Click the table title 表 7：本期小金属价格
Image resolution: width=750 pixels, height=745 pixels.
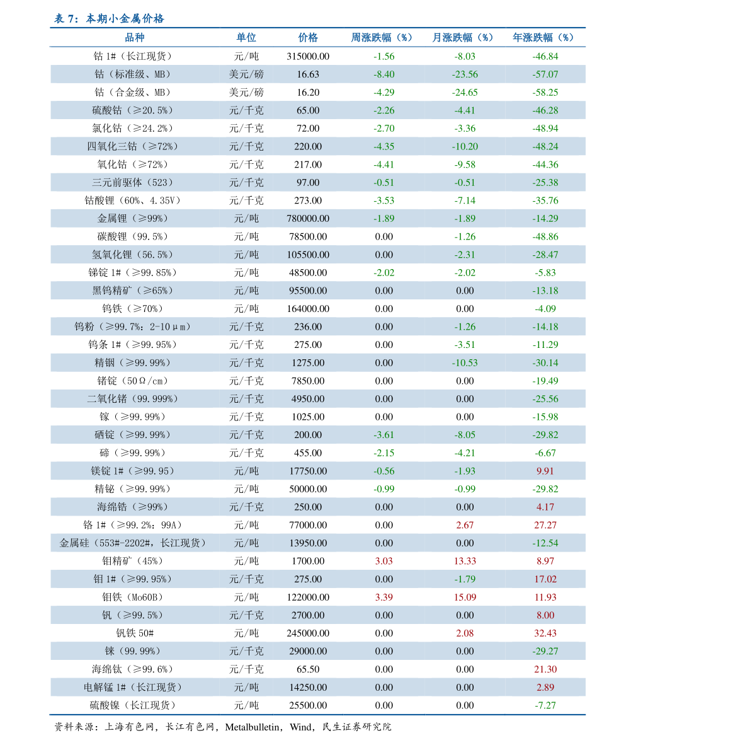[109, 19]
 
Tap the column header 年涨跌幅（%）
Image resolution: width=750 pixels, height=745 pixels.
[545, 38]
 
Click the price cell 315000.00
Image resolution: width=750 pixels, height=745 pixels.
[308, 56]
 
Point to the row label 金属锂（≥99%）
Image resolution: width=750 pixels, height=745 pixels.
[133, 219]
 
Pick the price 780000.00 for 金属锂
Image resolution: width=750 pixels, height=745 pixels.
[308, 219]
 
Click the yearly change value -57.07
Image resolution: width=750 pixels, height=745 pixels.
[545, 74]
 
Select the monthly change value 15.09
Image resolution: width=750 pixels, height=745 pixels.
[465, 598]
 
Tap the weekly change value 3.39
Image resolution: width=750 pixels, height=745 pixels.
[384, 598]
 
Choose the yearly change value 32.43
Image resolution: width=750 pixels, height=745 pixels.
[545, 633]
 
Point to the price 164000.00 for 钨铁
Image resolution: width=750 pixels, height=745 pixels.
[308, 309]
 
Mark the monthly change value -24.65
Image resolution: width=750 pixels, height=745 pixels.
[465, 93]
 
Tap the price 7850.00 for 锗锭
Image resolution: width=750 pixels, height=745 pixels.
[308, 381]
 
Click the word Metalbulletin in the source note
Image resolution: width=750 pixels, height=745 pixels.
[253, 727]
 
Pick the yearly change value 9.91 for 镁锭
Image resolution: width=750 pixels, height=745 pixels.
[545, 471]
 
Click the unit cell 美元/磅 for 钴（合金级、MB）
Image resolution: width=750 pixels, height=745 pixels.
[246, 93]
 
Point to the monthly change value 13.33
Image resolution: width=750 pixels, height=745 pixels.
[465, 562]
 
